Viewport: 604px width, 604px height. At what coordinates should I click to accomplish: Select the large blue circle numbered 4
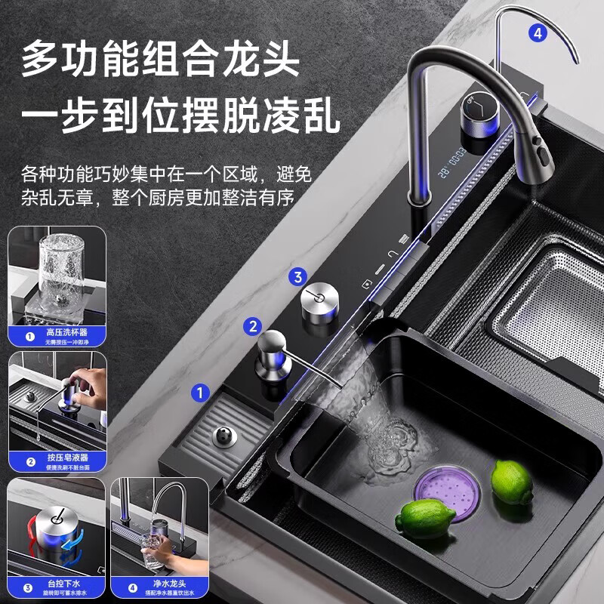pyautogui.click(x=537, y=32)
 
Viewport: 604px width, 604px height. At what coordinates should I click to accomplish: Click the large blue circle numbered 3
pyautogui.click(x=297, y=277)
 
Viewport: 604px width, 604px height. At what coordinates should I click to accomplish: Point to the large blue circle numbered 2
pyautogui.click(x=254, y=326)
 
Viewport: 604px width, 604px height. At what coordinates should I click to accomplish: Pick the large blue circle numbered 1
pyautogui.click(x=200, y=392)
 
